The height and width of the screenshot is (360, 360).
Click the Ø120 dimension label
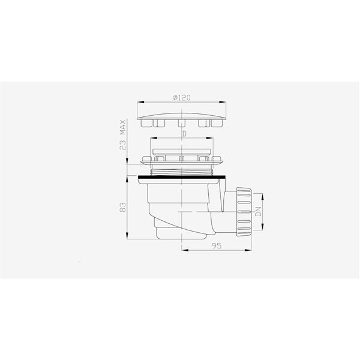(182, 98)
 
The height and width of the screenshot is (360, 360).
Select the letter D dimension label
(184, 134)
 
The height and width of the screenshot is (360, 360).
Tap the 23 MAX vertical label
(123, 135)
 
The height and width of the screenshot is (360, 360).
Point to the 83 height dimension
(123, 207)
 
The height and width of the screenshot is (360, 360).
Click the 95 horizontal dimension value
(217, 246)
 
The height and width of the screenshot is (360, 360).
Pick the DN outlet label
(259, 211)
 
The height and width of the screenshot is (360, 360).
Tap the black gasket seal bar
(182, 177)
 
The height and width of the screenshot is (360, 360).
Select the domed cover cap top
(182, 116)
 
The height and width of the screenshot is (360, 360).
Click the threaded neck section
(182, 172)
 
